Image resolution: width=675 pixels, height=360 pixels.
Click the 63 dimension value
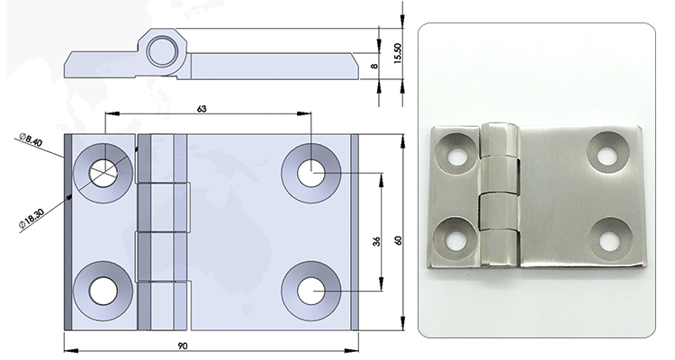[x=202, y=109]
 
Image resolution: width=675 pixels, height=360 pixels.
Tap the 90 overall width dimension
[x=183, y=346]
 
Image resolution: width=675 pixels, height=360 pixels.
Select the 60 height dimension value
[x=398, y=240]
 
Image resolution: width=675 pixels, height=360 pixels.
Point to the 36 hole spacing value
[x=377, y=241]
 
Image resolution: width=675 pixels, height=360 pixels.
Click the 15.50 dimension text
[x=397, y=53]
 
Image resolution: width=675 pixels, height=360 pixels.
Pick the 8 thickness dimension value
[x=374, y=66]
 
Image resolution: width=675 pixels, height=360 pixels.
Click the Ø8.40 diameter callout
[x=31, y=140]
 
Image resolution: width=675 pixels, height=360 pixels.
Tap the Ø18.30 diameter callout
[x=31, y=219]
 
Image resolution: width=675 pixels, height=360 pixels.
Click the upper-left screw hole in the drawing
[x=103, y=173]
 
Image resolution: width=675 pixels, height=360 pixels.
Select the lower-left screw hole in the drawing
[x=103, y=291]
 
